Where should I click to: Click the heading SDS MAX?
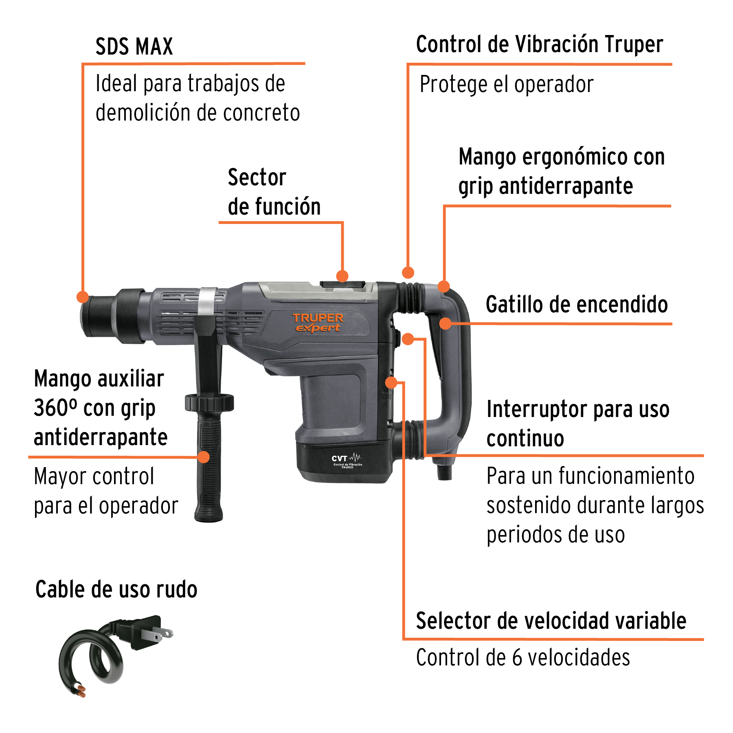point(134,46)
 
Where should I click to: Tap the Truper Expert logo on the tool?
point(318,323)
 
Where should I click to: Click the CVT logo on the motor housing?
point(346,460)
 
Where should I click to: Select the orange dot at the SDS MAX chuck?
point(83,297)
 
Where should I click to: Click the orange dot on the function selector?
point(342,276)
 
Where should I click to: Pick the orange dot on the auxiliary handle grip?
point(204,457)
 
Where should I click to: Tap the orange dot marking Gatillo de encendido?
point(446,324)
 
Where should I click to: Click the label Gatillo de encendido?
point(577,305)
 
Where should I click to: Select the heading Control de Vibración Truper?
point(540,44)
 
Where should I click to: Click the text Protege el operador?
point(507,85)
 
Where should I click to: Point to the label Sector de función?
point(274,192)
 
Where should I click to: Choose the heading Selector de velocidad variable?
point(551,621)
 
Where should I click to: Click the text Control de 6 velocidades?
point(523,658)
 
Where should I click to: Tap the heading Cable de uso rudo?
point(116,590)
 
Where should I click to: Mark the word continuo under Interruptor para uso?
point(525,439)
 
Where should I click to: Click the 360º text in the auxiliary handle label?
point(55,408)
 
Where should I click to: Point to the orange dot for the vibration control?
point(408,272)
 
